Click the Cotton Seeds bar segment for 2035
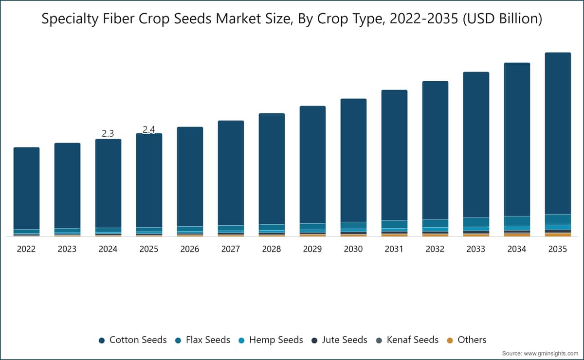pos(558,133)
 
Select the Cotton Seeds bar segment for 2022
pos(26,188)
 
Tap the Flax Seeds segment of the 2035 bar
pos(558,219)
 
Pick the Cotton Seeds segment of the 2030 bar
pos(353,161)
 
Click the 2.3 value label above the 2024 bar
pos(108,133)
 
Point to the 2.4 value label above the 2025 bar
pos(149,129)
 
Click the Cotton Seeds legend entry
pos(133,340)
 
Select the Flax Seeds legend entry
pos(202,340)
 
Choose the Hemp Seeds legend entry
pos(271,340)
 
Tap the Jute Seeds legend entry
pos(340,340)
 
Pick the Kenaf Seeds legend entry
pos(407,340)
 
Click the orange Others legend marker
pos(450,341)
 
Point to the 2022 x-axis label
pos(26,249)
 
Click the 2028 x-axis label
pos(272,249)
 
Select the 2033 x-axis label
pos(476,249)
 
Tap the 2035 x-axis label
pos(558,249)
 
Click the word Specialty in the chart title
pos(70,19)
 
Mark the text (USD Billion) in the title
pos(502,19)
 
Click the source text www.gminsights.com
pos(551,354)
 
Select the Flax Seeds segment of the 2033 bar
pos(476,222)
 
